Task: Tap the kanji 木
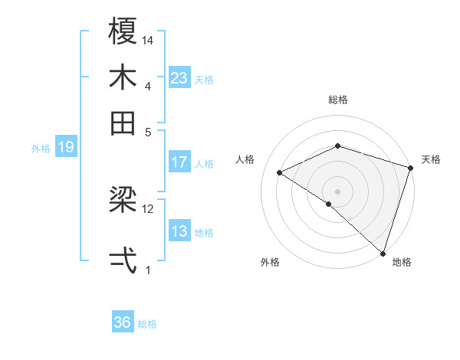point(123,78)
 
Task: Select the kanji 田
point(123,122)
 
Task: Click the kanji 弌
point(123,259)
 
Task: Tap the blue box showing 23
point(179,78)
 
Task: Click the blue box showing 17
point(179,162)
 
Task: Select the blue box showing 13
point(179,231)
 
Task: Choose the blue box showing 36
point(123,322)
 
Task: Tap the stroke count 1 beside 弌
point(148,270)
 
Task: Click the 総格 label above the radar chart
point(338,100)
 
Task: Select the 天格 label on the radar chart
point(431,159)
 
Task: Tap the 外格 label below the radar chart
point(270,263)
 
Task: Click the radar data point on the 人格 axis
point(280,173)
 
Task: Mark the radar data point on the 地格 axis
point(383,251)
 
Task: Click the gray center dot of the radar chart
point(337,191)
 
